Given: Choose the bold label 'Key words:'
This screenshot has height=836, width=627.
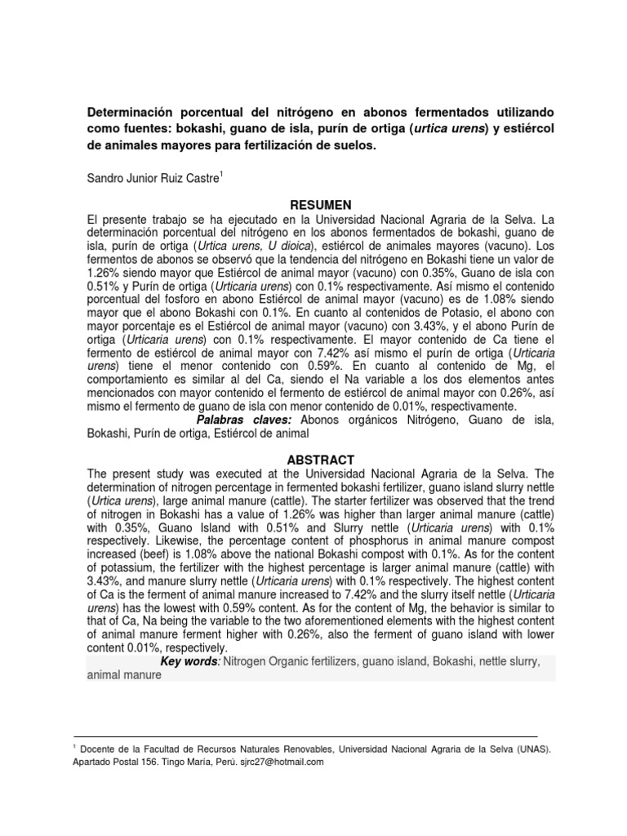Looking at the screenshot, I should (193, 662).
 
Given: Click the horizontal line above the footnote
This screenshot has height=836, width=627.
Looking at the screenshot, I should (305, 736).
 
